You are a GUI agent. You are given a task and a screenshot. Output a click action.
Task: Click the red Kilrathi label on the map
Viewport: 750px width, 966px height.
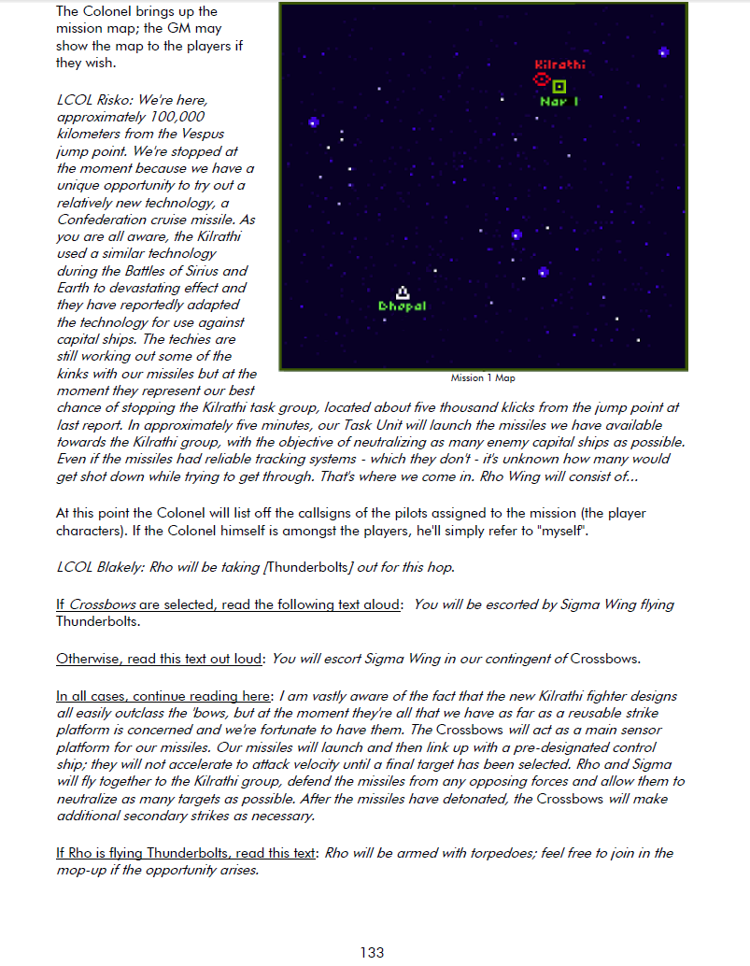560,64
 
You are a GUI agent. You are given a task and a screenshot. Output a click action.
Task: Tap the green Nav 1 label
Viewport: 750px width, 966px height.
559,102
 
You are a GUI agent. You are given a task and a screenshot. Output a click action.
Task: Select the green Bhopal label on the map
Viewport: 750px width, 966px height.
403,306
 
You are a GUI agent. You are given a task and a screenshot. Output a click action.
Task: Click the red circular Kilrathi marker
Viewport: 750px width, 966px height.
541,82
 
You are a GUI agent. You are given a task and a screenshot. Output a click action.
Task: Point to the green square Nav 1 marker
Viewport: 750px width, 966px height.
559,86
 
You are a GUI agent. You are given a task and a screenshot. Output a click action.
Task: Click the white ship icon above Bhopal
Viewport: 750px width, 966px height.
403,292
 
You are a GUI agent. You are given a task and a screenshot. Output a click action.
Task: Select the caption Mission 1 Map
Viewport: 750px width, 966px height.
483,378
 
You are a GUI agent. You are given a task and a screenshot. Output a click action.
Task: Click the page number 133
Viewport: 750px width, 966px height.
372,952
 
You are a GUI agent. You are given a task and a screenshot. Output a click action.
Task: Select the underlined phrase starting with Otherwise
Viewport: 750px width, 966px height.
159,659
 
